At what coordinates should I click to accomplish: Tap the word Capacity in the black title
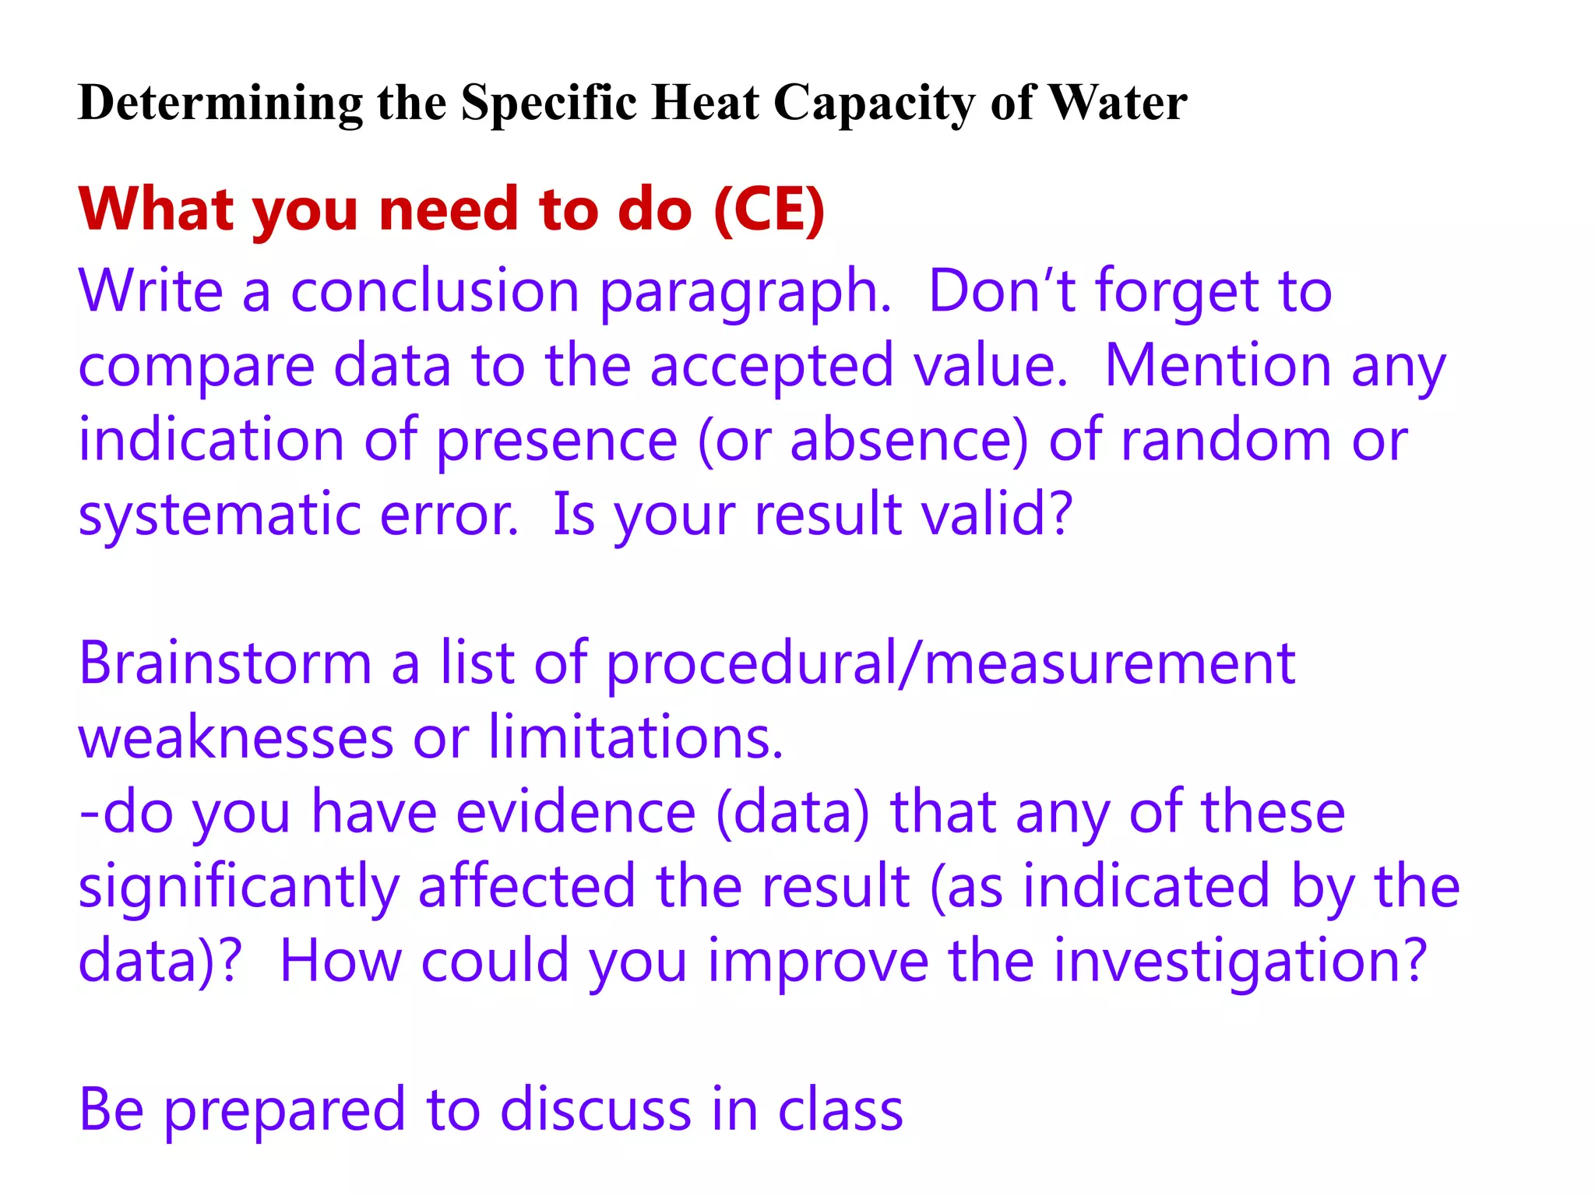(x=873, y=104)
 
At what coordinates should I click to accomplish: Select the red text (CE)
(x=769, y=209)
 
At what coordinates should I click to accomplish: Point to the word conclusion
(x=435, y=291)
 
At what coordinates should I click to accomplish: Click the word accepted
(x=772, y=366)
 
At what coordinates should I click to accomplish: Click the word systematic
(x=219, y=515)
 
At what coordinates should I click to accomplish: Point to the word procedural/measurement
(x=950, y=665)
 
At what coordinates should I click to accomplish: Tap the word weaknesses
(x=236, y=737)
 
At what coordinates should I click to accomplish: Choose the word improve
(x=818, y=962)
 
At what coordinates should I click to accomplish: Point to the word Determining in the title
(x=220, y=104)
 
